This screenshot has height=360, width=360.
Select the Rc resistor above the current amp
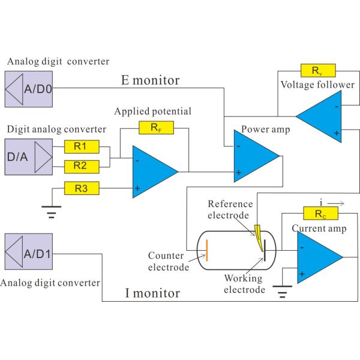point(315,214)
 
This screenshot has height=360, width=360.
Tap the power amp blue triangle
point(253,156)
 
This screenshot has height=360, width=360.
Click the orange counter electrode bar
point(208,250)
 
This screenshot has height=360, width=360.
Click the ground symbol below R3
point(53,212)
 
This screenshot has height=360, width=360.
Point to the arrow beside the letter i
point(336,203)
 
